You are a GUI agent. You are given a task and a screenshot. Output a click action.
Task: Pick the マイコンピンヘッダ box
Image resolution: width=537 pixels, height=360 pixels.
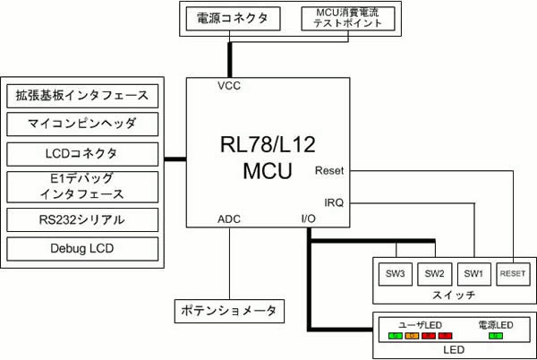point(81,124)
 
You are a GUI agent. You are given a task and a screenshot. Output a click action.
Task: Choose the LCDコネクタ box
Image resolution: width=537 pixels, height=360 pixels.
point(81,152)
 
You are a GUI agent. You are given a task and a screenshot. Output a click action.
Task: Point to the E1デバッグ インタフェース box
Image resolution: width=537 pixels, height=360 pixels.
point(81,185)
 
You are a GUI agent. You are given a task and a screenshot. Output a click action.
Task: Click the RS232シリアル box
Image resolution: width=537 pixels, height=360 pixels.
point(81,219)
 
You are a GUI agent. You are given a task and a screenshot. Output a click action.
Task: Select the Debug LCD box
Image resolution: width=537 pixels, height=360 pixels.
point(81,247)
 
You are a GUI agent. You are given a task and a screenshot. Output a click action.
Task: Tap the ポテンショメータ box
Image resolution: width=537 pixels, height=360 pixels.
point(229,311)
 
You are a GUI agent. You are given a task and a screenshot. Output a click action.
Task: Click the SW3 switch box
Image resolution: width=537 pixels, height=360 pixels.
point(396,273)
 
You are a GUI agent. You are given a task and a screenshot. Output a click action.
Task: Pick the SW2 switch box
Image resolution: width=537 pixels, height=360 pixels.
point(435,273)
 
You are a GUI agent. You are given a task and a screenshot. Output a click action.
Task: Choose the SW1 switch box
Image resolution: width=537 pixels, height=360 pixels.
point(474,273)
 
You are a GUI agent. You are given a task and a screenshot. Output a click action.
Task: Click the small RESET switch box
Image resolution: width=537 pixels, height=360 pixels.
point(513,273)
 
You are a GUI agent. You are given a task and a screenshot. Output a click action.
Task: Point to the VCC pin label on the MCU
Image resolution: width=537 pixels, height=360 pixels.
point(229,87)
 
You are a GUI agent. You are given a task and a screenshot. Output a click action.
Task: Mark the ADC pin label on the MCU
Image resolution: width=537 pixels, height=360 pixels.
point(229,219)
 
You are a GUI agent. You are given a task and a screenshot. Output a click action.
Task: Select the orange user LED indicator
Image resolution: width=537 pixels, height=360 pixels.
point(412,336)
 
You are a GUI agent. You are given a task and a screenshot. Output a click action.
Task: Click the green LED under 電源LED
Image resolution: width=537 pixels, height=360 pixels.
point(496,336)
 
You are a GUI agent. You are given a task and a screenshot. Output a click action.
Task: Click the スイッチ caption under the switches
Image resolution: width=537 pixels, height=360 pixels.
point(452,295)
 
